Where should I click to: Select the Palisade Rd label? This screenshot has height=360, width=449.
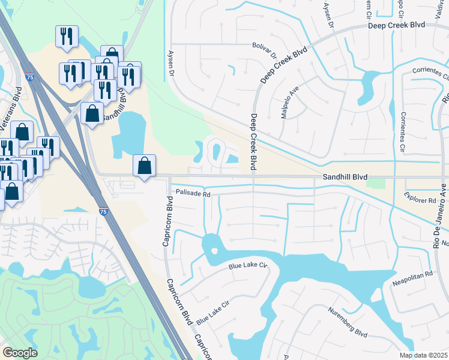tap(193, 194)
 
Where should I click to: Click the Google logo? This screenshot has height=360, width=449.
tap(20, 353)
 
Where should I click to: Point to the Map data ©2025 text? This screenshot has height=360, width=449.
tap(424, 355)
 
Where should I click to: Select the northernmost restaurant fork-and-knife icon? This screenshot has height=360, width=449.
tap(67, 35)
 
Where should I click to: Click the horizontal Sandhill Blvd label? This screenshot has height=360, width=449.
tap(345, 178)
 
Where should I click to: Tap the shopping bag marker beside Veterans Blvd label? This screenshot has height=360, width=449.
tap(22, 133)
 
